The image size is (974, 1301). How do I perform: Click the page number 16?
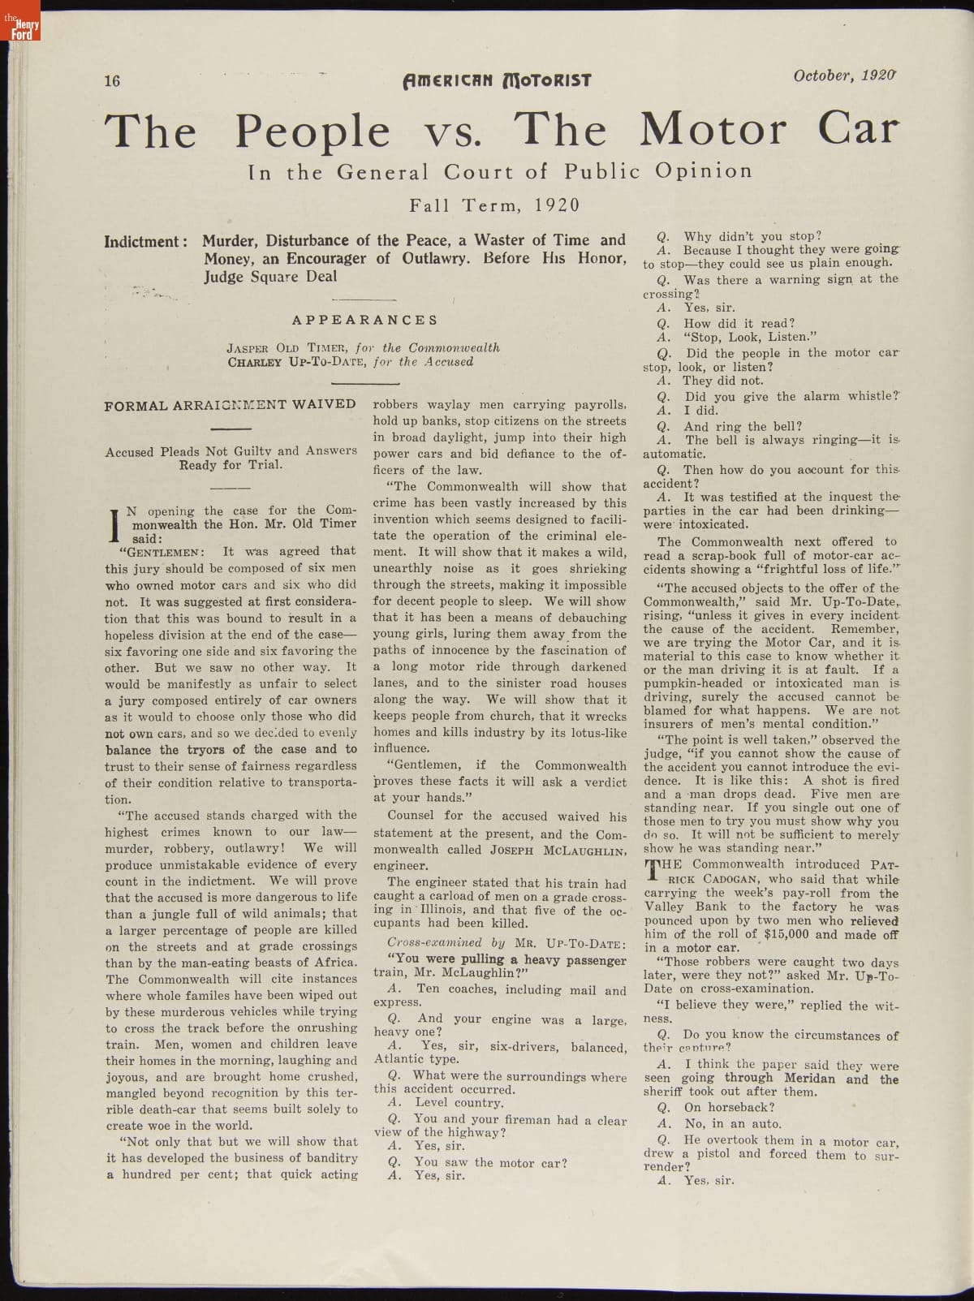click(112, 80)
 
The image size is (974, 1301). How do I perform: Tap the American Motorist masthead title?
click(497, 80)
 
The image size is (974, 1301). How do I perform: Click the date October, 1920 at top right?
click(845, 75)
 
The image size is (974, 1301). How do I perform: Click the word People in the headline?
click(312, 131)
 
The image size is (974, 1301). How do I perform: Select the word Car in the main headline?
click(858, 128)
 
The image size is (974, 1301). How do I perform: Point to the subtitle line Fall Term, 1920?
click(494, 205)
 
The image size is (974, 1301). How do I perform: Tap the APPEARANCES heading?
click(364, 320)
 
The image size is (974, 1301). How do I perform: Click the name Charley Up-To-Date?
click(297, 362)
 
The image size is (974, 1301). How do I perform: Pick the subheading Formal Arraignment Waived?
click(230, 404)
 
